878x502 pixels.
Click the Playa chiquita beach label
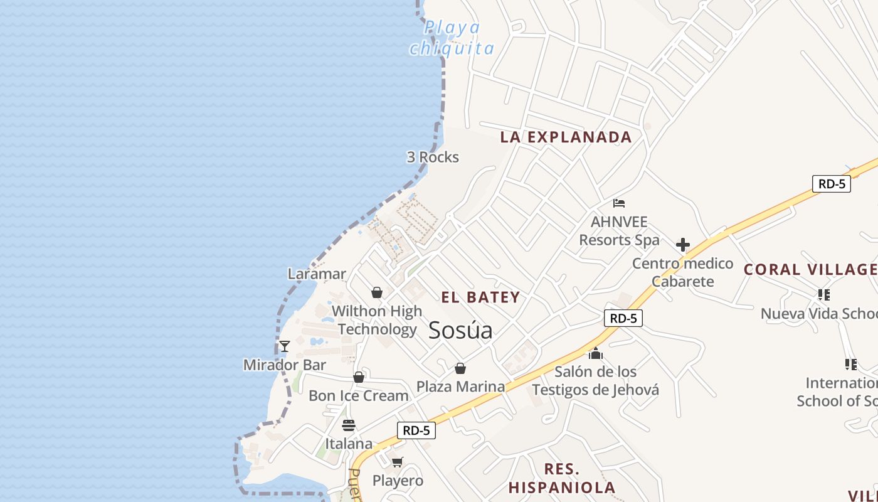(452, 38)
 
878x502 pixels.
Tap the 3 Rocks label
(433, 157)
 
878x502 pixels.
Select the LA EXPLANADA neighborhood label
(566, 137)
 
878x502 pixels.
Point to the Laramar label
(317, 274)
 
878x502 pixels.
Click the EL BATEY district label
(480, 297)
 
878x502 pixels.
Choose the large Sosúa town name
(460, 331)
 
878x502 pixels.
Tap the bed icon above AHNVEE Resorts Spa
(619, 203)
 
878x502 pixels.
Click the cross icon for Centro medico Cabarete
(683, 245)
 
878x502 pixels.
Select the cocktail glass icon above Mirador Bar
(285, 346)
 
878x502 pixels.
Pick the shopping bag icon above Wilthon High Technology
(377, 292)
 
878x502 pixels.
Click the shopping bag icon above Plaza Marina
(460, 368)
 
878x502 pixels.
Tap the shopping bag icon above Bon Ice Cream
(359, 377)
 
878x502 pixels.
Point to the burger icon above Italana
(349, 425)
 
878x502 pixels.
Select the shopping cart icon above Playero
(397, 462)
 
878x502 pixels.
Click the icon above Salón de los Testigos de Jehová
(596, 354)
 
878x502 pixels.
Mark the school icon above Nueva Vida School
(824, 294)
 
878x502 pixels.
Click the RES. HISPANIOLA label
(562, 478)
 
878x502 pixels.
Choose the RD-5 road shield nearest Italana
(416, 430)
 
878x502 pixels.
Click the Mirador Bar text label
(285, 365)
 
